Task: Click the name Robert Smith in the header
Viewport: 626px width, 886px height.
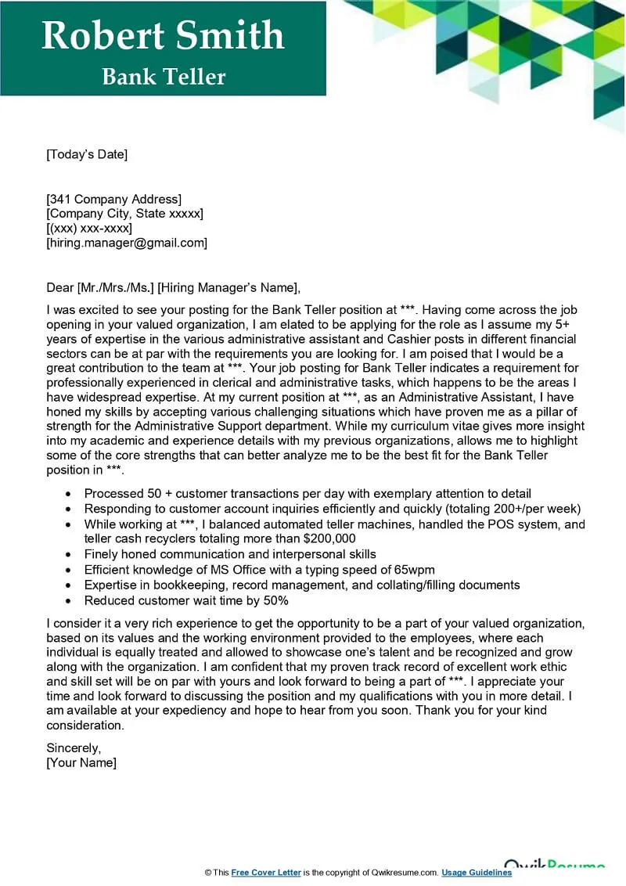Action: [x=163, y=36]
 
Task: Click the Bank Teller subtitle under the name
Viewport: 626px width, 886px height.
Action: [x=164, y=77]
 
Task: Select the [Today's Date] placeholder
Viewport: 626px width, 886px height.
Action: [x=87, y=154]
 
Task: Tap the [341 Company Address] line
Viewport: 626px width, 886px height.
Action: [x=114, y=199]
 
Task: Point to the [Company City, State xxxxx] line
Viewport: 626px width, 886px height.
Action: [x=125, y=214]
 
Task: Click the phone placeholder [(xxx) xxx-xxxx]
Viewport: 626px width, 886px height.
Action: [x=89, y=228]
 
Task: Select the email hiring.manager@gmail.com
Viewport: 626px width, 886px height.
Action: [x=127, y=243]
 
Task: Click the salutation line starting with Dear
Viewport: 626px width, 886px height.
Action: [x=173, y=287]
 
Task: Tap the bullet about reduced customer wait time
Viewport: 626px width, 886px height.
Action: [x=186, y=600]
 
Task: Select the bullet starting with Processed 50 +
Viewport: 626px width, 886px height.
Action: [x=308, y=494]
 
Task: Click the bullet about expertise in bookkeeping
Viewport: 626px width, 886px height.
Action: [x=302, y=585]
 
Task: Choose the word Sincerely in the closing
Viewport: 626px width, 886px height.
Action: [x=74, y=747]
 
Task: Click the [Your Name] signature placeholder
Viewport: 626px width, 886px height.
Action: [x=81, y=762]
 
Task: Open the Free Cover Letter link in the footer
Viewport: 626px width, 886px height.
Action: [x=266, y=873]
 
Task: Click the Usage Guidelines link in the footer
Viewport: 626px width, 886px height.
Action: [x=477, y=873]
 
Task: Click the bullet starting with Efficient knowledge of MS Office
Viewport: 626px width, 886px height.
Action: [x=259, y=570]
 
